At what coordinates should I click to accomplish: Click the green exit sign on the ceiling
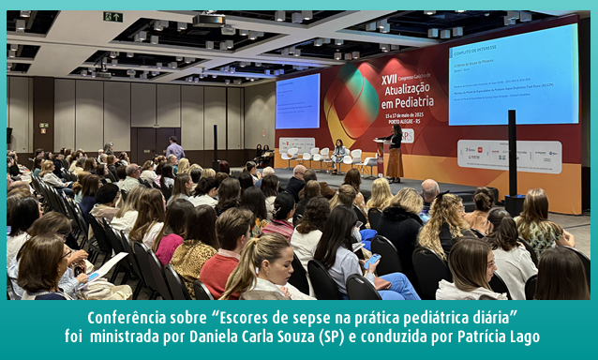112,17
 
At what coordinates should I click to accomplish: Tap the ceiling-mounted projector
209,21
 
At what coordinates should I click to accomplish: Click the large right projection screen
514,75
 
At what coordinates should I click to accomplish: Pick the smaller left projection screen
297,100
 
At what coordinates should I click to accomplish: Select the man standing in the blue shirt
174,150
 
